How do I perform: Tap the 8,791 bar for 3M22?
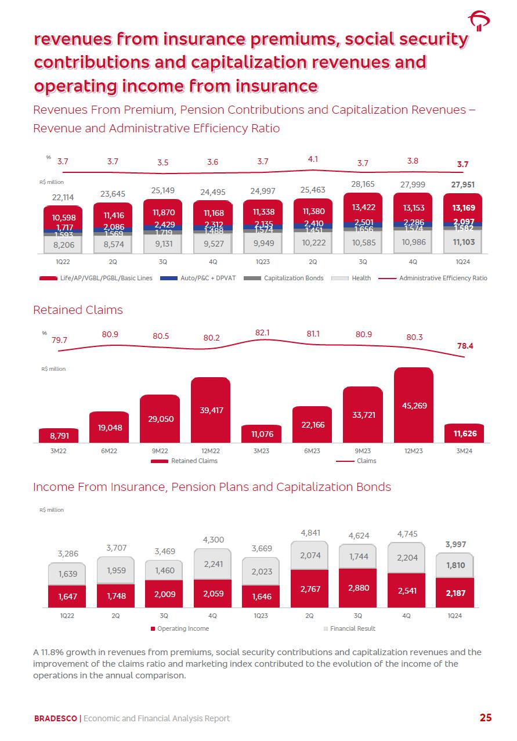58,435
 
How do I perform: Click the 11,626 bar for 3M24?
464,433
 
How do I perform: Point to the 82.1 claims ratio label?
263,332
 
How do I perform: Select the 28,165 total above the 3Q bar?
363,185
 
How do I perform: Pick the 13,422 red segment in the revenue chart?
363,208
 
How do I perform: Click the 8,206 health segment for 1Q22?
63,245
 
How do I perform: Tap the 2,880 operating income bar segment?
358,587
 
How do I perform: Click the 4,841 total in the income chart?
310,532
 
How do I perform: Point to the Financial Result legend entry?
352,628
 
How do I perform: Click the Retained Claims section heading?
78,310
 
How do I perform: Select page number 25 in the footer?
485,718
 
